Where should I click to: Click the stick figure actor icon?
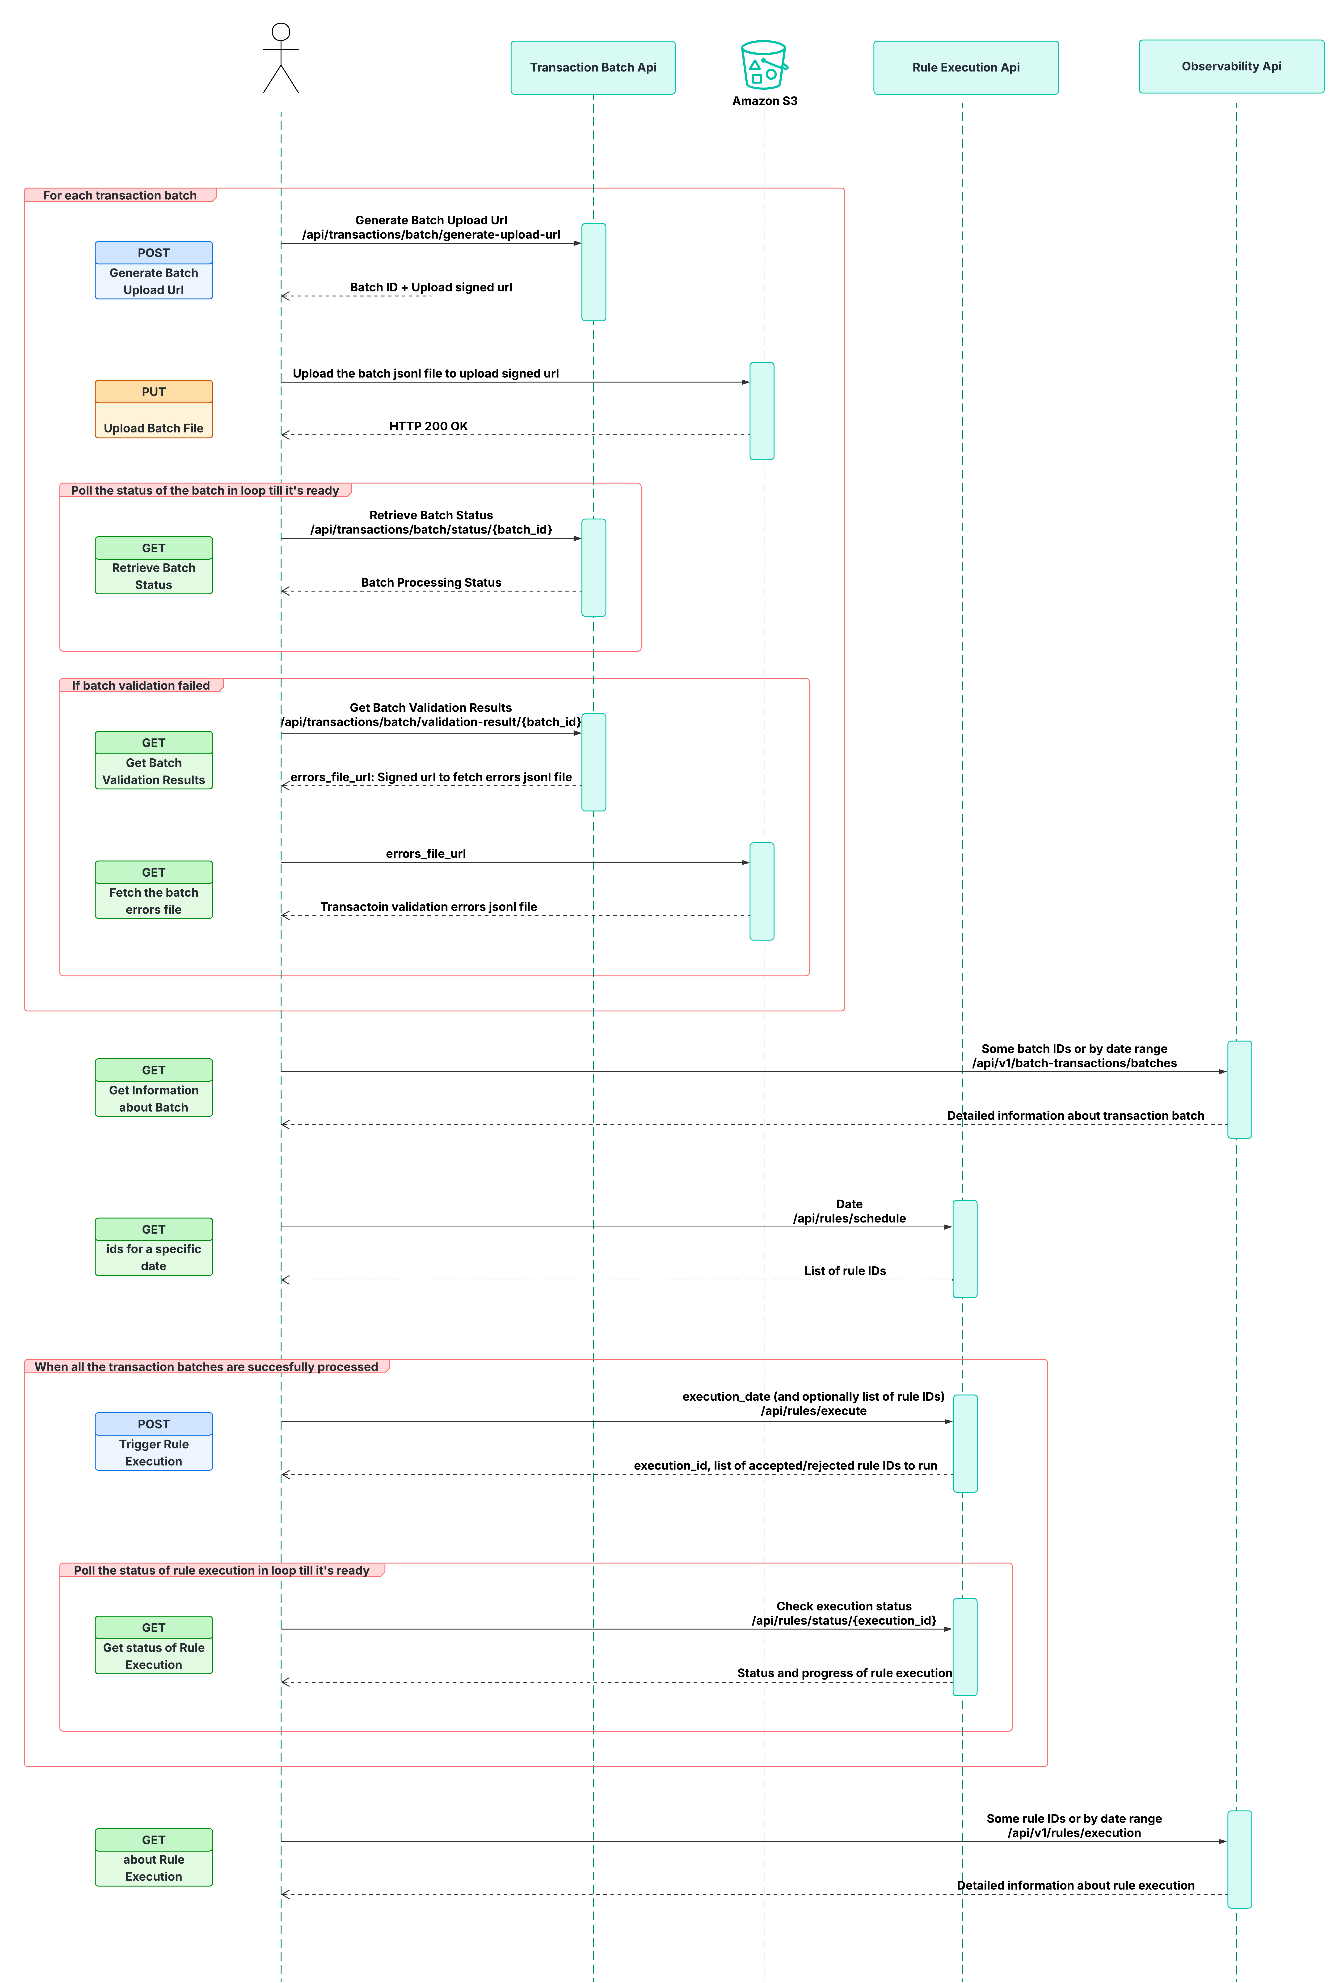tap(281, 58)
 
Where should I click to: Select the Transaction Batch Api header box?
tap(593, 67)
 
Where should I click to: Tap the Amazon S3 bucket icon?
tap(764, 66)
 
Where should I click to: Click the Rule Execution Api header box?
tap(966, 67)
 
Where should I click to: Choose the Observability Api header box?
tap(1231, 67)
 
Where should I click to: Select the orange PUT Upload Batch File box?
tap(154, 410)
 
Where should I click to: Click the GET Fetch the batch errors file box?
tap(154, 890)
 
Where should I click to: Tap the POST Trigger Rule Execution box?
tap(154, 1442)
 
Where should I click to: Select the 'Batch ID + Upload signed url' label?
tap(431, 288)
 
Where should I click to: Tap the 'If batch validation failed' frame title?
tap(141, 685)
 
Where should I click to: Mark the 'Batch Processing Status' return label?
tap(431, 583)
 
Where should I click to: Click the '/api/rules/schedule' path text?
tap(849, 1218)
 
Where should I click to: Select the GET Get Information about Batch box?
tap(154, 1088)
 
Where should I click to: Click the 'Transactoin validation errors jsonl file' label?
tap(428, 907)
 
